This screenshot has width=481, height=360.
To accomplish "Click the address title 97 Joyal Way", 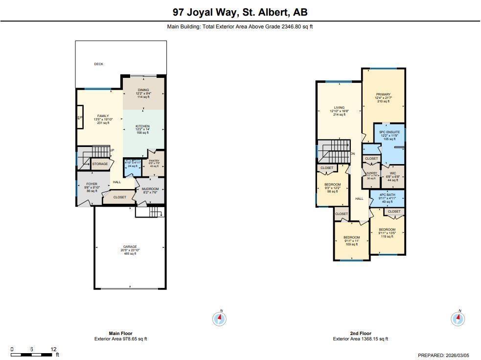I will coord(240,12).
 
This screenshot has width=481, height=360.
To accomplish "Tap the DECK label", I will coord(98,64).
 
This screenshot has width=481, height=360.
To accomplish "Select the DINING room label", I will coord(143,90).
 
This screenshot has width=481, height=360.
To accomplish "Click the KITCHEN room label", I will coord(142,126).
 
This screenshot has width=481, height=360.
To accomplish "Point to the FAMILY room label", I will coord(103,116).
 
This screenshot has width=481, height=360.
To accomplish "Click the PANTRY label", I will coord(154,161).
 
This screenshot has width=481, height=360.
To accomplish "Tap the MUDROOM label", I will coord(150,189).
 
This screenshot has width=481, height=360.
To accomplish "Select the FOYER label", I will coord(92,184).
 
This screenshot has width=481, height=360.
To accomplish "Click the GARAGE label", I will coord(130,247).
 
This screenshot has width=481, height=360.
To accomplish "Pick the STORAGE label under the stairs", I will coord(100,164).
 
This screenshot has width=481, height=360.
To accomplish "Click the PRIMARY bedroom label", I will coord(383,95).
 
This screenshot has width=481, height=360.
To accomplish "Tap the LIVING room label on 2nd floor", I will coord(339,108).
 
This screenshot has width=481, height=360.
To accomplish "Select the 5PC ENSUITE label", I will coord(389,132).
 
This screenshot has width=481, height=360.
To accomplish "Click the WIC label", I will coord(393,173).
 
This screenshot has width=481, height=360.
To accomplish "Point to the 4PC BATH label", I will coord(386,195).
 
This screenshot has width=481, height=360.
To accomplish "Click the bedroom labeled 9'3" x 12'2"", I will coord(332,185).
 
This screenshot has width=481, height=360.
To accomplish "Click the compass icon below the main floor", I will coord(220,319).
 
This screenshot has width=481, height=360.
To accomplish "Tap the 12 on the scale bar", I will coord(53,349).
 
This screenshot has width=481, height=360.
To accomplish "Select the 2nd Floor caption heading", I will coord(360,334).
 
